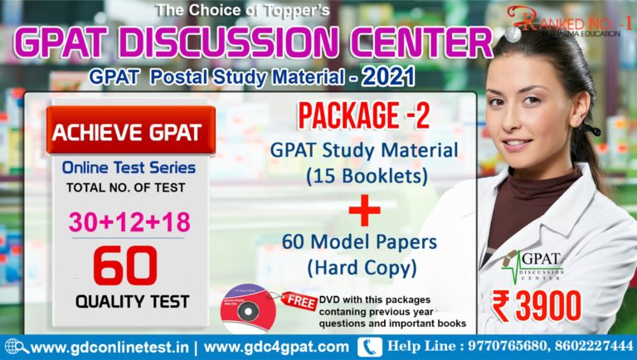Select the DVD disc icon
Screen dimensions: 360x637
(247, 307)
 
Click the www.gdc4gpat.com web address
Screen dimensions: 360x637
(276, 347)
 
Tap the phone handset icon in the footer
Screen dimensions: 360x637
(369, 347)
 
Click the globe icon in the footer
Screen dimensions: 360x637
(13, 347)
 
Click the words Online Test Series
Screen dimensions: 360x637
(129, 168)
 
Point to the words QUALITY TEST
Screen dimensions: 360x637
(128, 302)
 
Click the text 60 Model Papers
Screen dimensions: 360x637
(362, 245)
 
